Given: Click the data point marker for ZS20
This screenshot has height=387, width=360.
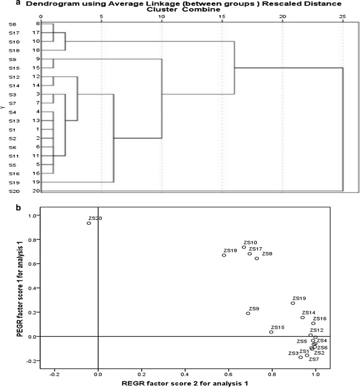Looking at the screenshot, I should point(89,223).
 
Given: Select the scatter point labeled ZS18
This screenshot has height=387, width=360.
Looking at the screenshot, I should point(224,255).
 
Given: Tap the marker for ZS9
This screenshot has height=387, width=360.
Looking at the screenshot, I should point(248,313).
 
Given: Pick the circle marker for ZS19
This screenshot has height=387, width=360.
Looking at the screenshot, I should point(293,303).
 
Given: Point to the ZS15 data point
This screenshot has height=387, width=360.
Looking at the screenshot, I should point(271,332).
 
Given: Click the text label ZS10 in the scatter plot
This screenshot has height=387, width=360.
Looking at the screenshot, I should point(250,243).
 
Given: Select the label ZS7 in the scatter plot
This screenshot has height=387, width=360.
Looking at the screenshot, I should point(314,359).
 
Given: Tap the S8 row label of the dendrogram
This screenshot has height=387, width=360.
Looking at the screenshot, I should point(12,24).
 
